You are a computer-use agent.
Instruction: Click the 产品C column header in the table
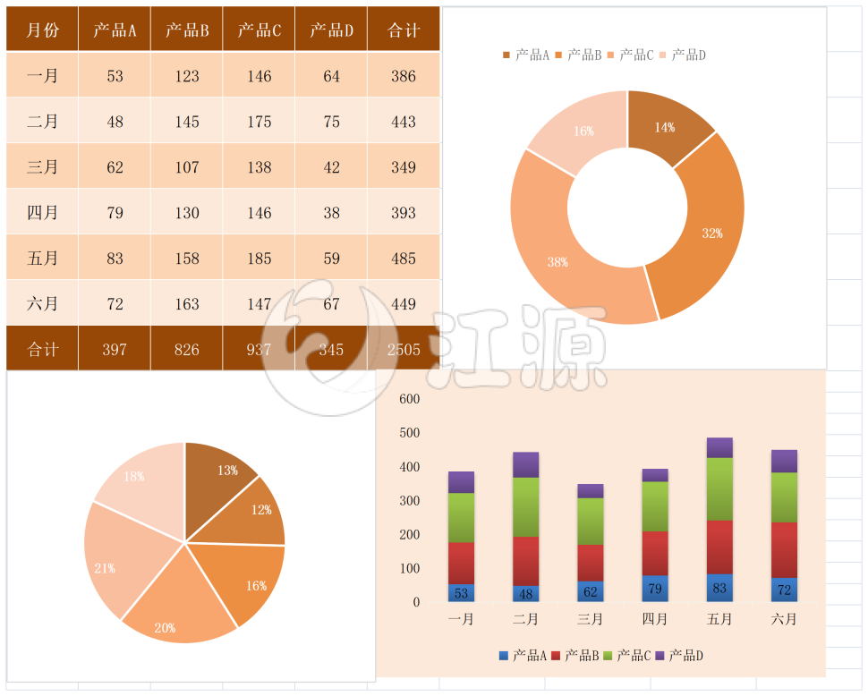coord(260,30)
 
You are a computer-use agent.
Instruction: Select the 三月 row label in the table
coord(42,167)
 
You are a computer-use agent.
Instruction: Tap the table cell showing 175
coord(260,122)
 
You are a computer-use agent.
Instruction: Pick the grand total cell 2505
coord(404,350)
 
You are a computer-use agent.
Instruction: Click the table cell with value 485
coord(404,259)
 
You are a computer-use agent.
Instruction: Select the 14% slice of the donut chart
coord(667,125)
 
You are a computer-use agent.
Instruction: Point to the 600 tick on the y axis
coord(410,399)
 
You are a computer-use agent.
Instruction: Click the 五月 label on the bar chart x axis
coord(719,619)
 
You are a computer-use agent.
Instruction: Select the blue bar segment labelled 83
coord(719,588)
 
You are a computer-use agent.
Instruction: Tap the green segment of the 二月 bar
coord(526,506)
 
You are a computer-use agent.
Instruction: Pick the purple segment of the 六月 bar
coord(784,461)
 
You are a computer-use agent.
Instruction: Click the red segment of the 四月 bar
coord(655,553)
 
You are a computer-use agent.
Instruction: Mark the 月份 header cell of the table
coord(42,30)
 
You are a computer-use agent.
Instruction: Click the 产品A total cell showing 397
coord(115,350)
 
